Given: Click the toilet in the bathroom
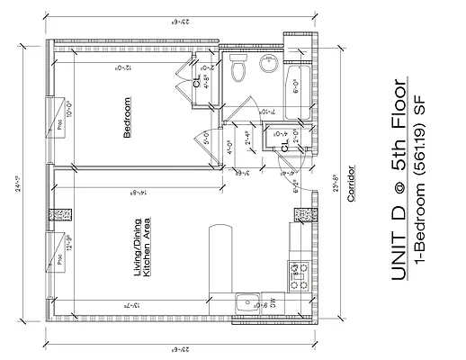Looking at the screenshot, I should (x=238, y=67).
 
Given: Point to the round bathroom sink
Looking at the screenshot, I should (x=268, y=66).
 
